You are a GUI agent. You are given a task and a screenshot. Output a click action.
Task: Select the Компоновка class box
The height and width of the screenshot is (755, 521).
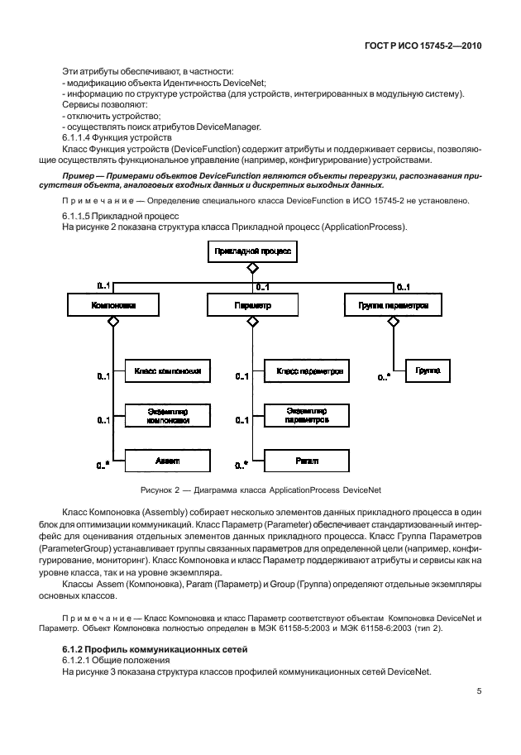coord(112,305)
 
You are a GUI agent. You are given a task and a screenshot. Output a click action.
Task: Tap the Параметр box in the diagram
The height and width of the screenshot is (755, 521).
coord(252,305)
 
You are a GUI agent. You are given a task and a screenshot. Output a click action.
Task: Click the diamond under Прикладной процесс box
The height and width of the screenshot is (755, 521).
coord(252,268)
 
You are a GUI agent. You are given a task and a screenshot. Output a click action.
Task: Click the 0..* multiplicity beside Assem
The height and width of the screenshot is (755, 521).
coord(103,466)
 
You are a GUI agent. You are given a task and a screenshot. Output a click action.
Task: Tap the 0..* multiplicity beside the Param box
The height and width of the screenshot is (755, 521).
coord(241,466)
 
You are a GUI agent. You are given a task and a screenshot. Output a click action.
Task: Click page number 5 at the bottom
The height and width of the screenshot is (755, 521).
coord(479,692)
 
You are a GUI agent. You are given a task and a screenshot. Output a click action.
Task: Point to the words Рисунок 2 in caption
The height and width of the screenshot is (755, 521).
coord(158,491)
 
